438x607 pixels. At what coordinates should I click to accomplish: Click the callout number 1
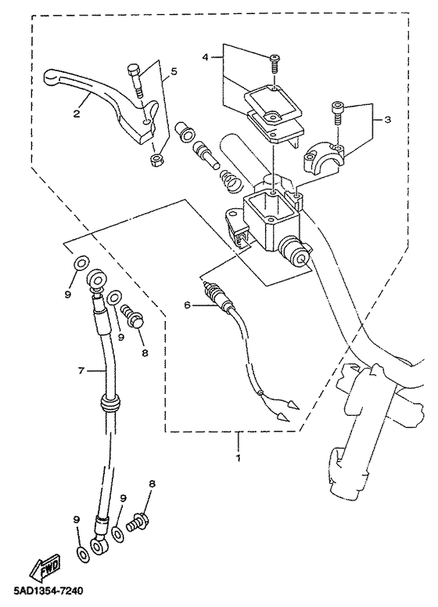pyautogui.click(x=238, y=457)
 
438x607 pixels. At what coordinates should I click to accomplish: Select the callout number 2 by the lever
pyautogui.click(x=77, y=114)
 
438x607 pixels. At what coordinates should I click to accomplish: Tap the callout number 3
pyautogui.click(x=387, y=120)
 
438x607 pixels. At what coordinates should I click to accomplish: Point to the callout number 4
pyautogui.click(x=205, y=57)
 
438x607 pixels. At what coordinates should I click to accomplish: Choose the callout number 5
pyautogui.click(x=174, y=71)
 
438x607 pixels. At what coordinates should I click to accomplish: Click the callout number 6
pyautogui.click(x=187, y=305)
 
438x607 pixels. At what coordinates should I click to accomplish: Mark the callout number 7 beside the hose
pyautogui.click(x=81, y=371)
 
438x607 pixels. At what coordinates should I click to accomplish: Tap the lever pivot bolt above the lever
pyautogui.click(x=135, y=81)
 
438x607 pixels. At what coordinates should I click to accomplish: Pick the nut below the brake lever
pyautogui.click(x=156, y=160)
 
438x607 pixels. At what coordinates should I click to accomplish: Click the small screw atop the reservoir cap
pyautogui.click(x=275, y=64)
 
